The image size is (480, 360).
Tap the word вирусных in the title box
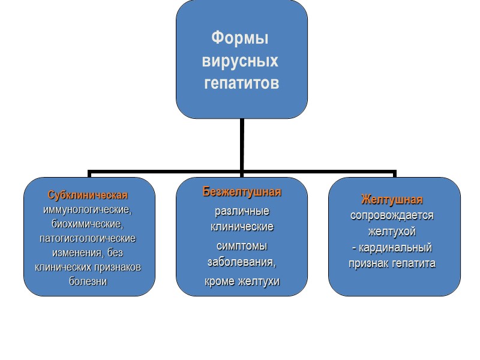[241, 61]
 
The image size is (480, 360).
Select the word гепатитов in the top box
[241, 83]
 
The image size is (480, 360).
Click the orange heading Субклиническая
[88, 196]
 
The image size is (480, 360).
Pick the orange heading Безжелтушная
[242, 193]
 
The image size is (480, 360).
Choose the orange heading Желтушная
[392, 199]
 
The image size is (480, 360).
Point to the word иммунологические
[88, 210]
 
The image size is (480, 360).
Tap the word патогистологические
[88, 238]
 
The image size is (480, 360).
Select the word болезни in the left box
[88, 281]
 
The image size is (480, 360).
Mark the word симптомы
[242, 246]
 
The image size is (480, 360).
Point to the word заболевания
[241, 262]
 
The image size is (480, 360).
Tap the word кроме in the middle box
[219, 281]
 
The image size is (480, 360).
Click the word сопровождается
[392, 215]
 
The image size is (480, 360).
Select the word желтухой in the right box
[392, 231]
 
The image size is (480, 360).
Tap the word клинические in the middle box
[242, 227]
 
